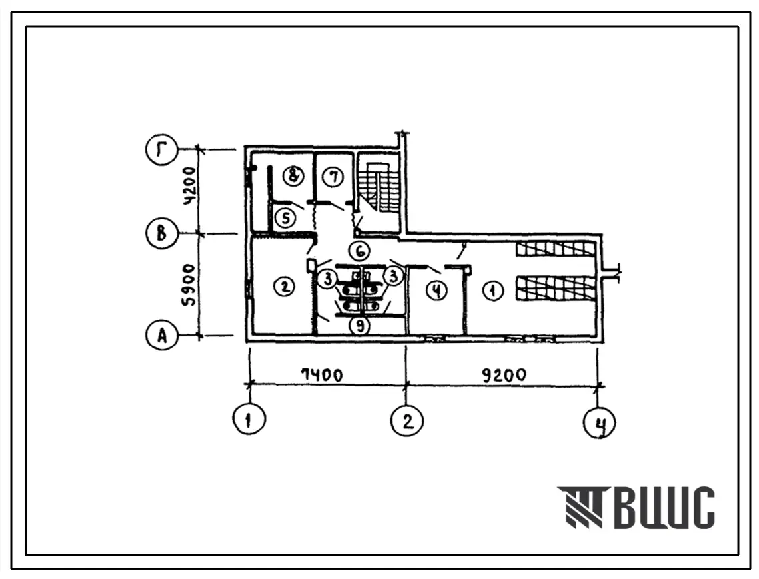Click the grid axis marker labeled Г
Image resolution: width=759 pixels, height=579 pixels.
click(x=162, y=150)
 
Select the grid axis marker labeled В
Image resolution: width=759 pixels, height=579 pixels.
click(x=162, y=233)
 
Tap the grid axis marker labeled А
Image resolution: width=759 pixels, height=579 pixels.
click(x=162, y=335)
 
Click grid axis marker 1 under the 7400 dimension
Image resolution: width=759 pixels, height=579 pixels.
click(x=249, y=419)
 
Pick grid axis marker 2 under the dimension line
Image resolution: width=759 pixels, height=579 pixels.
click(x=407, y=420)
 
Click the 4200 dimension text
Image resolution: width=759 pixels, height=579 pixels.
click(x=189, y=186)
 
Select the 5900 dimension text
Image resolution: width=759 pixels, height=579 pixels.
click(x=189, y=285)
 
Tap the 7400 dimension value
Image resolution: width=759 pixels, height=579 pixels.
click(x=321, y=374)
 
